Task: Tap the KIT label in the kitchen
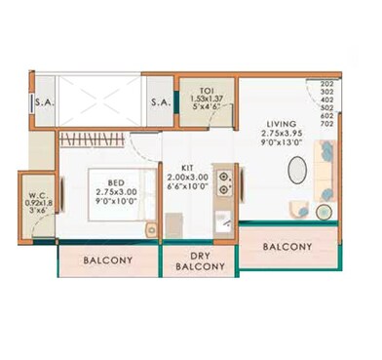[x=188, y=167]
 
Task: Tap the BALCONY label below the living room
[x=286, y=247]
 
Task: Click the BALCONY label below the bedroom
[x=108, y=260]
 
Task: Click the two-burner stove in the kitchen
[x=223, y=181]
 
